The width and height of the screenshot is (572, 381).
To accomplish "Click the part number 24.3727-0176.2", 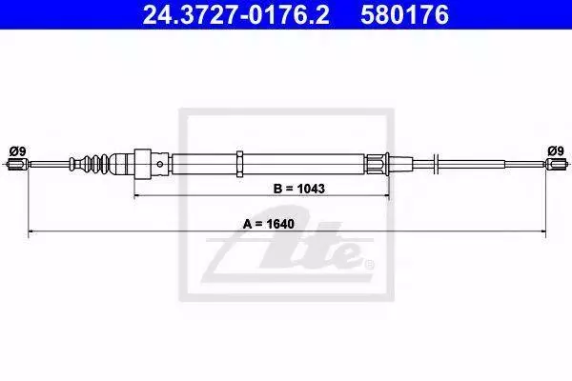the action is (235, 14).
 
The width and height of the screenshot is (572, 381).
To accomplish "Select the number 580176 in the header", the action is (404, 14).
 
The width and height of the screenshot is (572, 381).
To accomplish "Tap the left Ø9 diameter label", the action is (17, 150).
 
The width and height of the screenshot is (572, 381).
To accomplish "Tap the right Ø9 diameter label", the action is (556, 150).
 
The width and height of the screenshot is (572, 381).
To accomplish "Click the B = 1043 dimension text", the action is (298, 189).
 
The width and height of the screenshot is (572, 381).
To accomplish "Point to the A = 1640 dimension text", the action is (269, 224).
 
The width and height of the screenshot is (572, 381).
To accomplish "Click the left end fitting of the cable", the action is (17, 164).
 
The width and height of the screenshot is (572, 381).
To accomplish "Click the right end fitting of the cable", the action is (557, 164).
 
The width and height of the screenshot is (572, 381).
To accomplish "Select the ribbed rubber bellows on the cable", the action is (90, 164).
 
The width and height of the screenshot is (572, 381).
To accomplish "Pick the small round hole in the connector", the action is (160, 164).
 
